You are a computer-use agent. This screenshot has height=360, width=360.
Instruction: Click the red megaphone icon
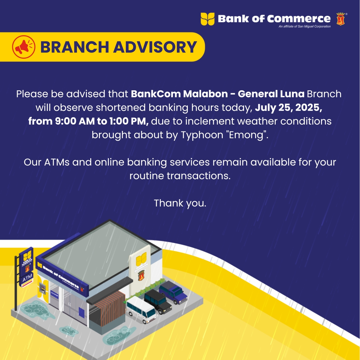(24, 47)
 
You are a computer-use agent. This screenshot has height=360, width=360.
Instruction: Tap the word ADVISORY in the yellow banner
(155, 47)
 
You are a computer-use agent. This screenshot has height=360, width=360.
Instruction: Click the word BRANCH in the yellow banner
(75, 47)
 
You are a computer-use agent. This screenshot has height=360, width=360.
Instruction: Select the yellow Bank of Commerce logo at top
(207, 19)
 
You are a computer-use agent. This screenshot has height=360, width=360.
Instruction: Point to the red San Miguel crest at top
(341, 19)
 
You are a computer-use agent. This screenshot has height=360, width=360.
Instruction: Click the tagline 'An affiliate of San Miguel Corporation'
(305, 26)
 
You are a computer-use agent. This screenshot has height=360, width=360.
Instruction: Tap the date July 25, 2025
(289, 108)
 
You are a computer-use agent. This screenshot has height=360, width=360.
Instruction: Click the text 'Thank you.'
(180, 203)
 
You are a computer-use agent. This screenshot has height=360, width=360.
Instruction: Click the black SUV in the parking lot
(158, 301)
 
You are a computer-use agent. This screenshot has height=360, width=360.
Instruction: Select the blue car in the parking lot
(174, 292)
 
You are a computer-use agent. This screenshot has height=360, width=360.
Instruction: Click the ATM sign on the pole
(27, 278)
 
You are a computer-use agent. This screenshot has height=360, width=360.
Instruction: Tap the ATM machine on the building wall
(42, 288)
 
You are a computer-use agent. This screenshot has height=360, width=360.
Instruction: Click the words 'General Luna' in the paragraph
(271, 94)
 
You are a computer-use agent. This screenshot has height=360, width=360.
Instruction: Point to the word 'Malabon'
(205, 94)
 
